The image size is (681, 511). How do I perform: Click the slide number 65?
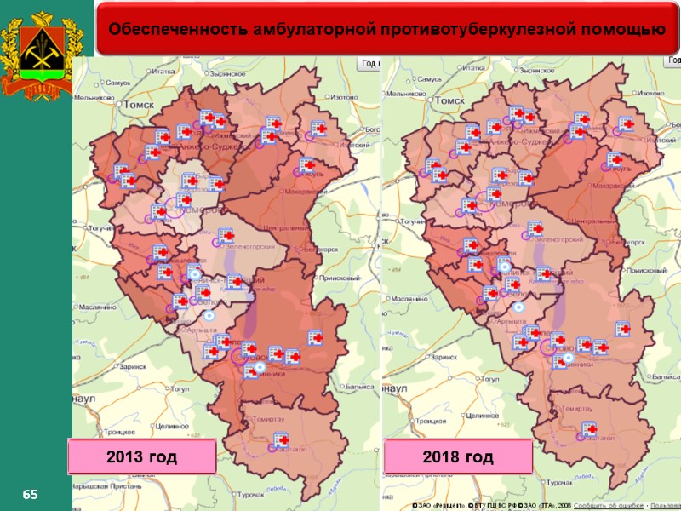tap(31, 495)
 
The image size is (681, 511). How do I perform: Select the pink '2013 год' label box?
tap(142, 457)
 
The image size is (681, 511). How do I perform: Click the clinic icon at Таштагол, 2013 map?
tap(280, 440)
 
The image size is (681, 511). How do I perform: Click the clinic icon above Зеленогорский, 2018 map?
tap(535, 228)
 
